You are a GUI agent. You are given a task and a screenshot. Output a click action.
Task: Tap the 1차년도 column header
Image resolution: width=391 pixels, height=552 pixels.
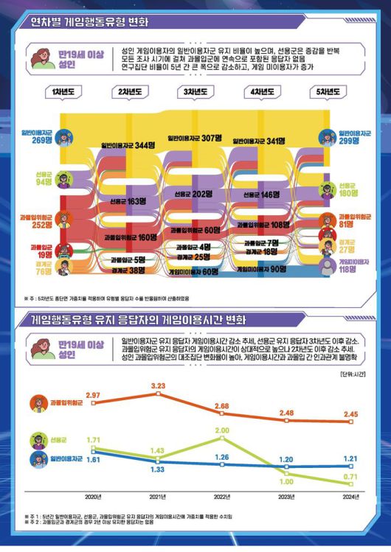tap(60, 92)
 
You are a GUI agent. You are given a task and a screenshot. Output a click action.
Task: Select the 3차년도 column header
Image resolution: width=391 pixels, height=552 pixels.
tap(195, 92)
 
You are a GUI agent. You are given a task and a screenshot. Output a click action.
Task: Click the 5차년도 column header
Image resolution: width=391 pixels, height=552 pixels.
tap(329, 92)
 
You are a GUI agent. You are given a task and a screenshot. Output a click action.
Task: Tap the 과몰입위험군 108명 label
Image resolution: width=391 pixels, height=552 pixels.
tap(262, 224)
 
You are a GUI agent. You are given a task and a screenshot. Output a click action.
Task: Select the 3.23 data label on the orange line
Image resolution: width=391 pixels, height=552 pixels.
tap(158, 385)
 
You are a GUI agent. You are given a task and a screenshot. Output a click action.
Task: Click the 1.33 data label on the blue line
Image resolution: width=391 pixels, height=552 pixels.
tap(158, 469)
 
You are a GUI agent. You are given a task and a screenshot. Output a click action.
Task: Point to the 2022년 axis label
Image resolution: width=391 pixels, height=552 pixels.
tap(222, 497)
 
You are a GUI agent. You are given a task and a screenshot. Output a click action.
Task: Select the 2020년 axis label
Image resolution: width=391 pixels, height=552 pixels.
tap(93, 497)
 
